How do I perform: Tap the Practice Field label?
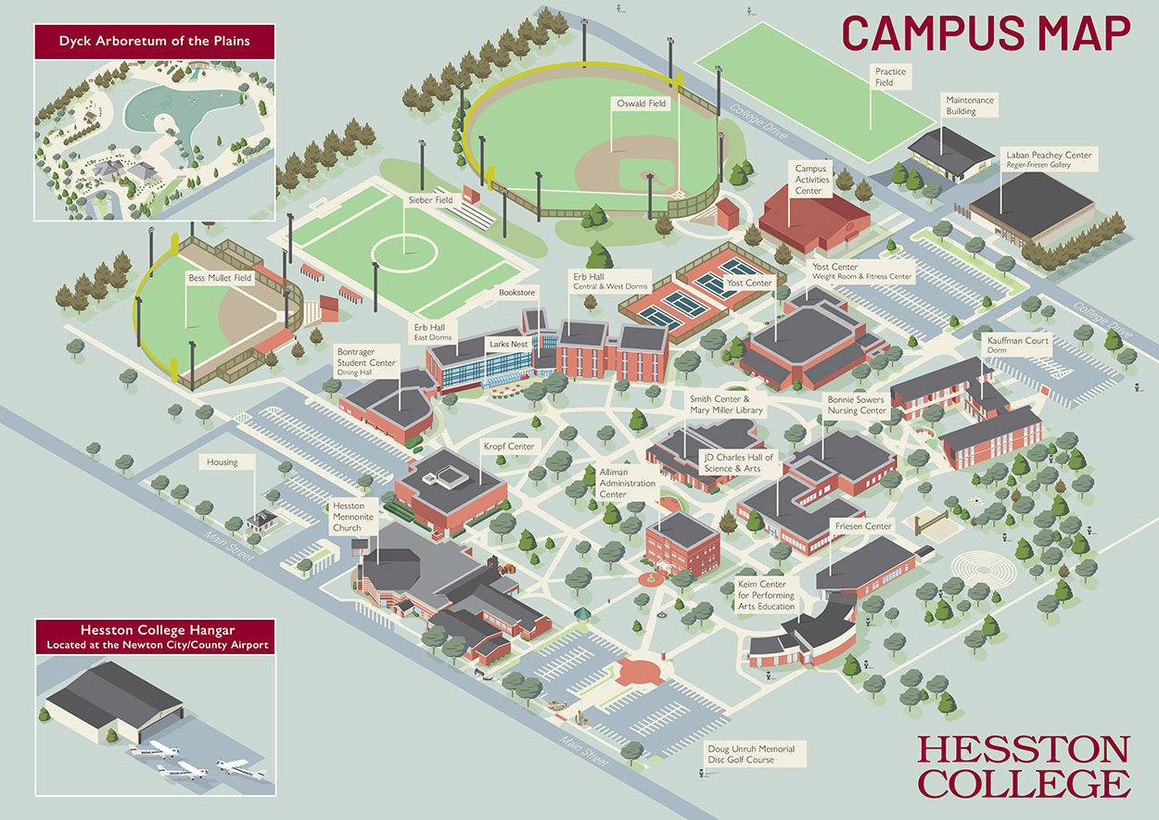pyautogui.click(x=890, y=77)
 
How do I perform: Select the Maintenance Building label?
pyautogui.click(x=969, y=105)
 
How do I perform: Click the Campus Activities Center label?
pyautogui.click(x=809, y=179)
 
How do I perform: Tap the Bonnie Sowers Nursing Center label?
pyautogui.click(x=857, y=405)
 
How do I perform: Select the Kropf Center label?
pyautogui.click(x=508, y=447)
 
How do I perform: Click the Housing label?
pyautogui.click(x=223, y=462)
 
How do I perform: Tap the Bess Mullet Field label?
pyautogui.click(x=220, y=277)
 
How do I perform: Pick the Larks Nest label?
pyautogui.click(x=509, y=344)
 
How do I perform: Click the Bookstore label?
pyautogui.click(x=516, y=293)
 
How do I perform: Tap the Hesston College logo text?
pyautogui.click(x=1024, y=766)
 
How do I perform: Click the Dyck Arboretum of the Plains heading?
pyautogui.click(x=155, y=42)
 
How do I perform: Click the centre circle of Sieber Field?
pyautogui.click(x=403, y=248)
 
